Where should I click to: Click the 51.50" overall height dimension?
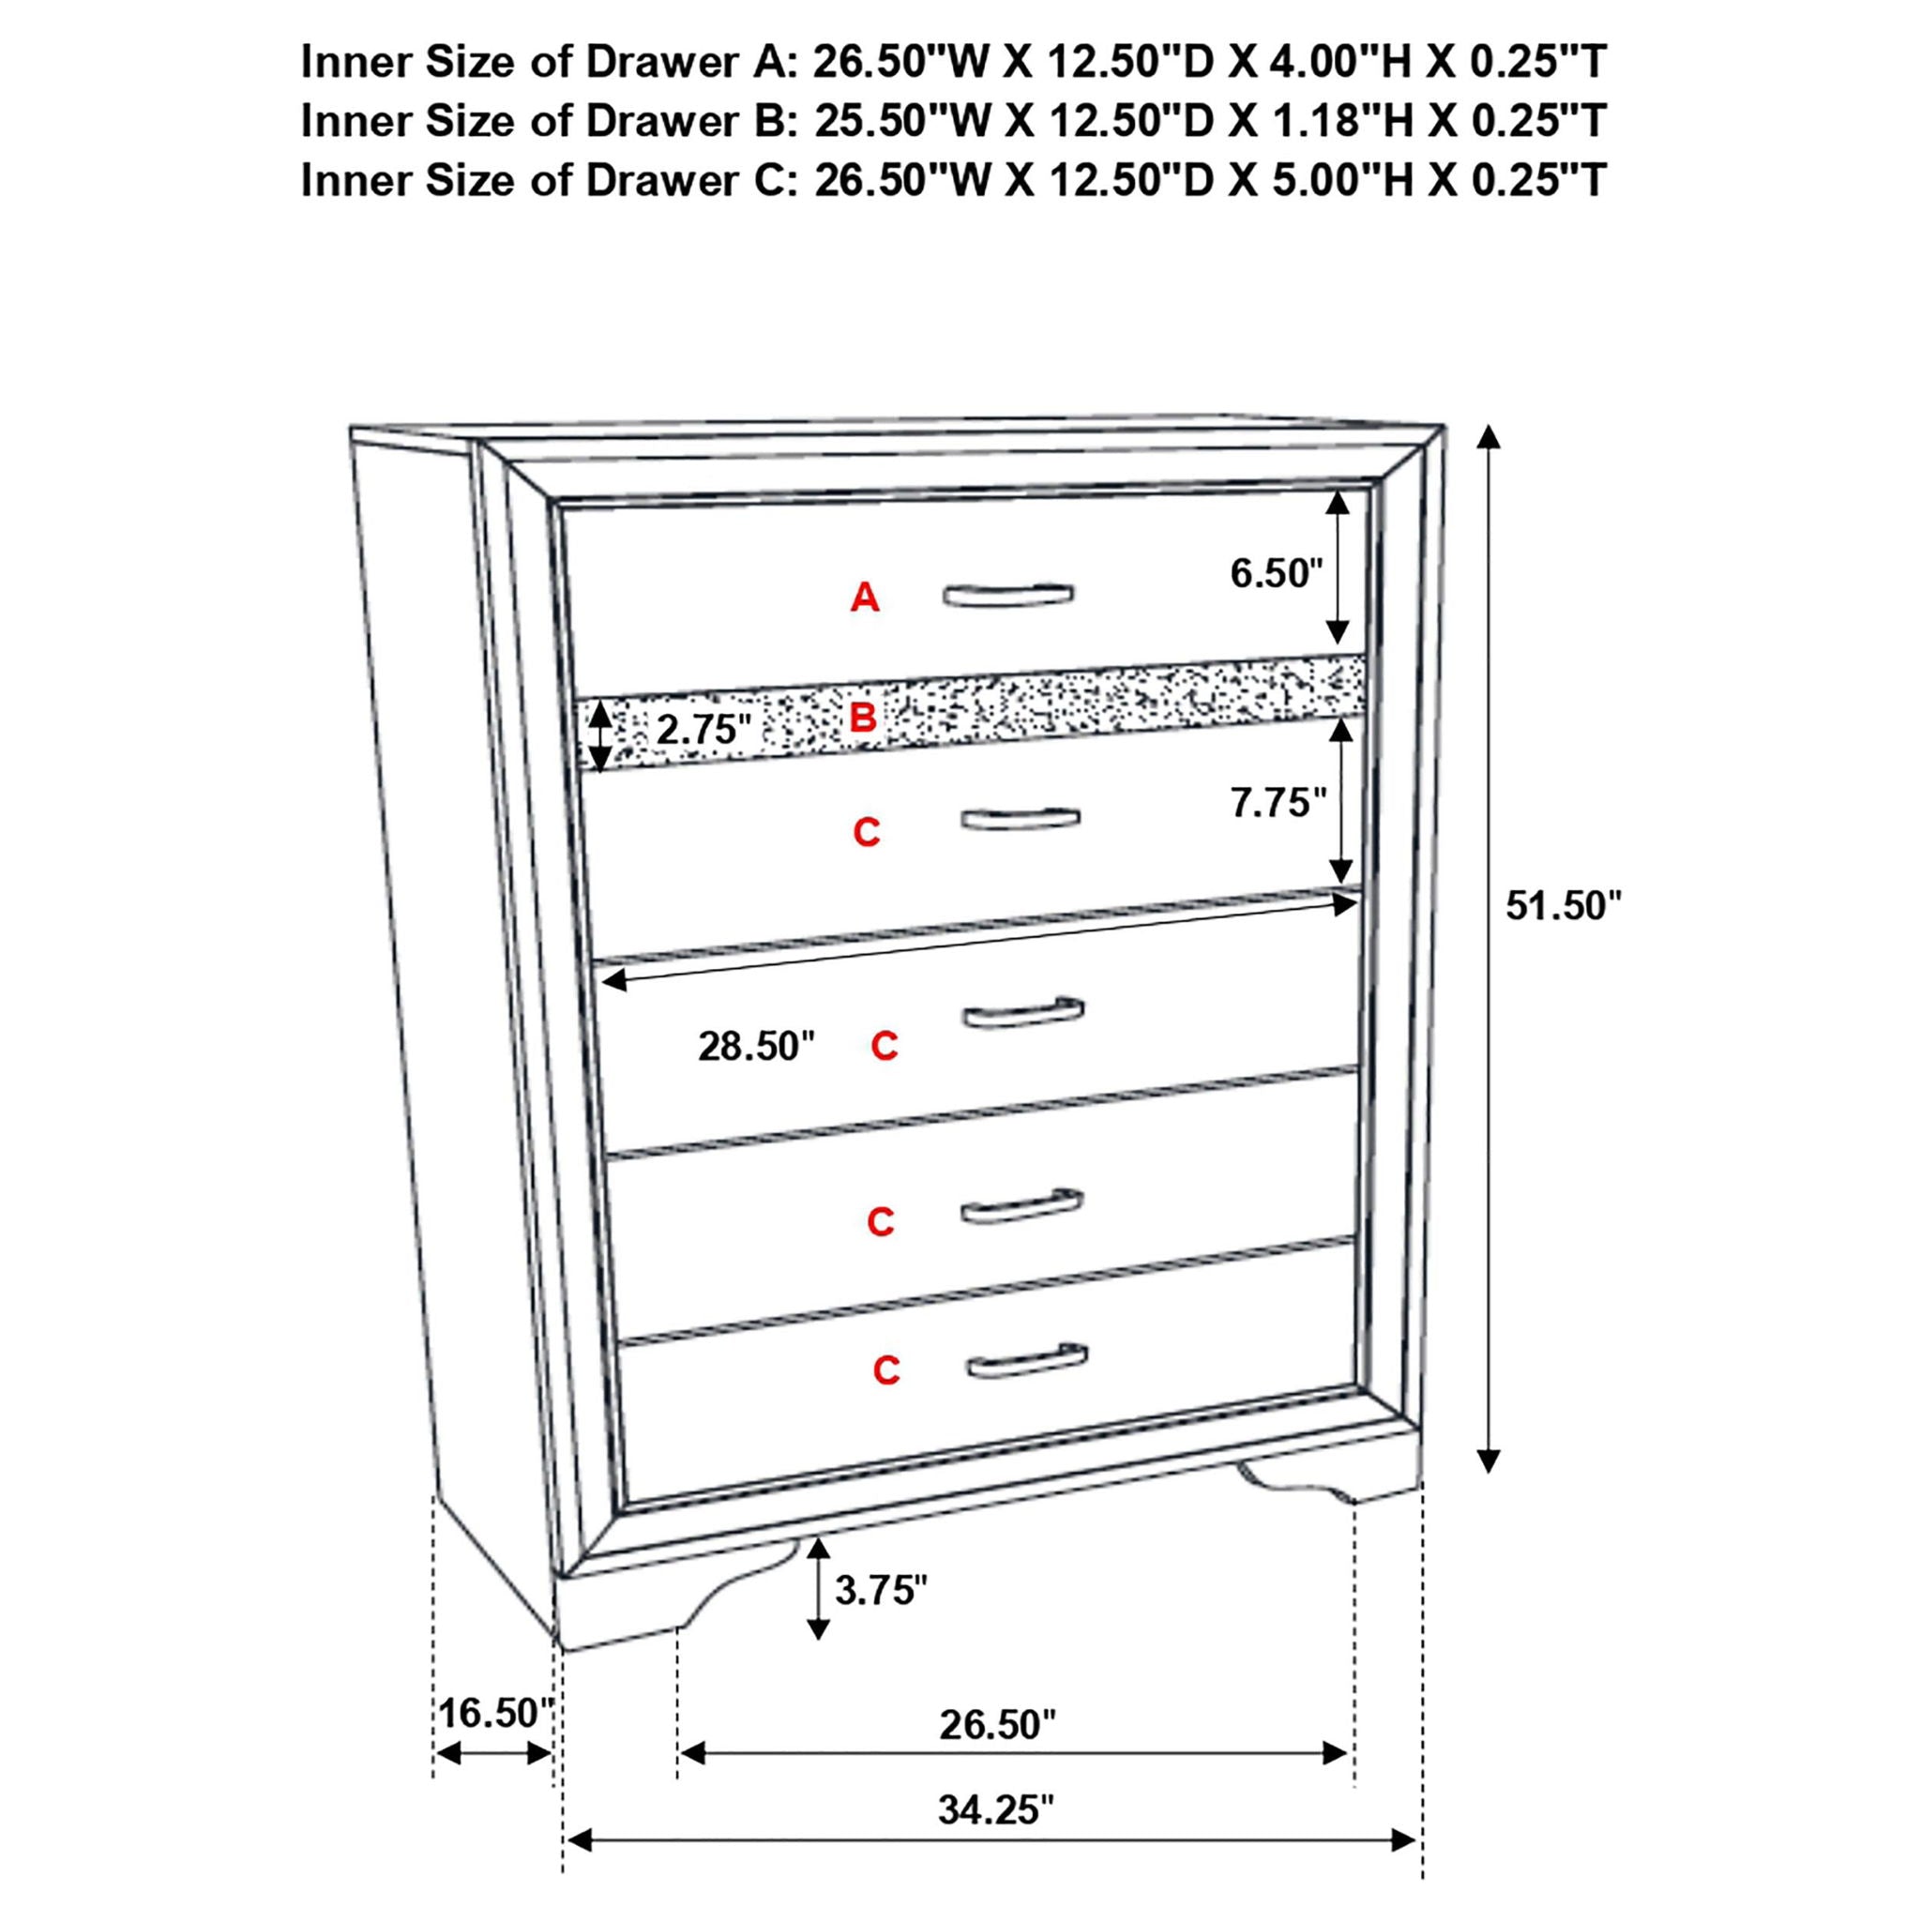[x=1563, y=906]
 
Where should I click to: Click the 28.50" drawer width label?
[x=756, y=1046]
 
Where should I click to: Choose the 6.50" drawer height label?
[x=1277, y=574]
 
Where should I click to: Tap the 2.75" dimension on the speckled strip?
[x=702, y=730]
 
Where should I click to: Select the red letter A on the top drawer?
[x=865, y=597]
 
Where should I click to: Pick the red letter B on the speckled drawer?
[x=863, y=717]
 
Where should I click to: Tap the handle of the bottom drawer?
[x=1027, y=1360]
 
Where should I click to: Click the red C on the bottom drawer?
[x=885, y=1370]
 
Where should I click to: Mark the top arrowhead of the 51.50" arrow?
[x=1488, y=436]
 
